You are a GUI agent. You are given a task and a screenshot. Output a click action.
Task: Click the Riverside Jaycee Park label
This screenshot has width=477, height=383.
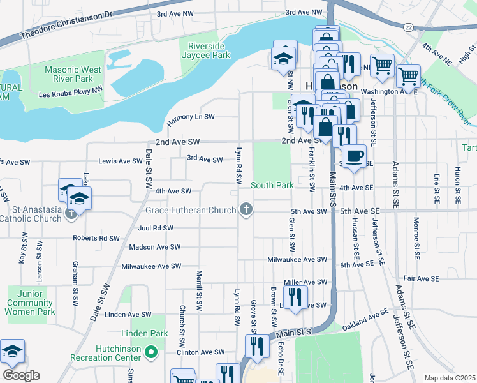click(x=209, y=50)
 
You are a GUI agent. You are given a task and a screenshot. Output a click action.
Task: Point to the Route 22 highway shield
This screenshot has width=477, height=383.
click(x=407, y=26)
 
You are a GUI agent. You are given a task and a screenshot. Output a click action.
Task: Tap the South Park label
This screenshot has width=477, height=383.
click(x=272, y=185)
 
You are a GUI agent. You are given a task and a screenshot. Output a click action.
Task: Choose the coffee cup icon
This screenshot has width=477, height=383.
click(x=354, y=155)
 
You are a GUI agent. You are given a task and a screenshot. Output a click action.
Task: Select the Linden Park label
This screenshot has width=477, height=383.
click(x=144, y=333)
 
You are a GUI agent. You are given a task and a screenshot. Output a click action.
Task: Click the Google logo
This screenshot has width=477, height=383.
click(x=21, y=375)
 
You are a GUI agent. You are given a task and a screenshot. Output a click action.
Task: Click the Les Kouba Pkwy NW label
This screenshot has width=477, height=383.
click(x=70, y=92)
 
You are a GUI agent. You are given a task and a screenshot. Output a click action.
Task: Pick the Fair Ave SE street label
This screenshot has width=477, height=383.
click(x=422, y=279)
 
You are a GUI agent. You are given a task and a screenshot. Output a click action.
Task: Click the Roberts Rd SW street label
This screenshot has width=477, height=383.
click(x=96, y=238)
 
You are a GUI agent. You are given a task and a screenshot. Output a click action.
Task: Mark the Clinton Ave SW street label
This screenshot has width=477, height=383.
click(x=200, y=352)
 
